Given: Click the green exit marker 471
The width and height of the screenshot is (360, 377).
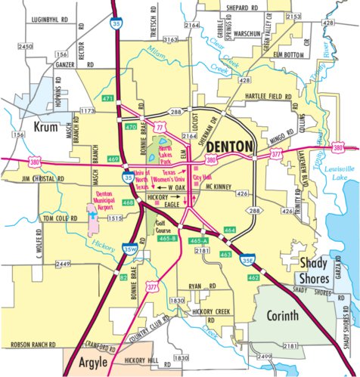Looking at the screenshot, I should click(108, 99).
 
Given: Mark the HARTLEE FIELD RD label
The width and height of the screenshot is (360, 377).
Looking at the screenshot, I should click(272, 97).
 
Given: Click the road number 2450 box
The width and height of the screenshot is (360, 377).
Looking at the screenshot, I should click(26, 47).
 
